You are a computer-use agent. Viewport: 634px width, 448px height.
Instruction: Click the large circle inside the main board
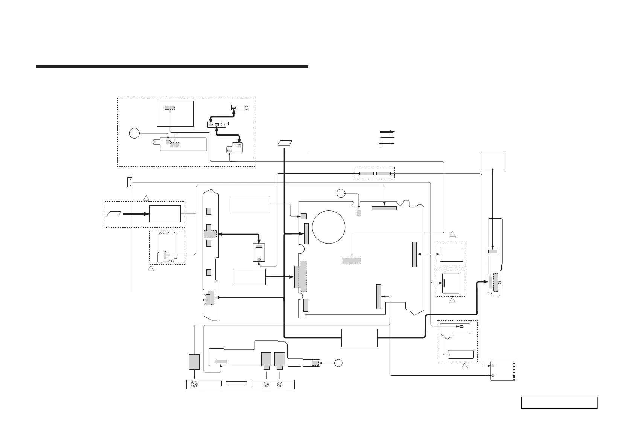pyautogui.click(x=329, y=227)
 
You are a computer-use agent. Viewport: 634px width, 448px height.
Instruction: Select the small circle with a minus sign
pyautogui.click(x=340, y=193)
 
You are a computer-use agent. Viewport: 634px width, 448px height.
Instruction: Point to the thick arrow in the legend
pyautogui.click(x=387, y=132)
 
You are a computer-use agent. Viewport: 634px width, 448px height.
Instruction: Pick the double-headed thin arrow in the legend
pyautogui.click(x=387, y=138)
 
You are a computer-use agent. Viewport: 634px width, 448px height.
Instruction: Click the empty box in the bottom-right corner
pyautogui.click(x=559, y=403)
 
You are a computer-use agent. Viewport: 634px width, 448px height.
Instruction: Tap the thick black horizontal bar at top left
pyautogui.click(x=172, y=67)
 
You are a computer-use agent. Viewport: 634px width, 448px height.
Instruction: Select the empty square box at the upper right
pyautogui.click(x=493, y=161)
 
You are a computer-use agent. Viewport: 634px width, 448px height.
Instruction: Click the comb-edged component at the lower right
pyautogui.click(x=503, y=372)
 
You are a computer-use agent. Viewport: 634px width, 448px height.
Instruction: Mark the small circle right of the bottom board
pyautogui.click(x=338, y=363)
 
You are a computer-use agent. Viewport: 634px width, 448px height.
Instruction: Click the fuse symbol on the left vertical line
pyautogui.click(x=130, y=183)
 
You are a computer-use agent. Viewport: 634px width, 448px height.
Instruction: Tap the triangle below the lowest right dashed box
pyautogui.click(x=465, y=366)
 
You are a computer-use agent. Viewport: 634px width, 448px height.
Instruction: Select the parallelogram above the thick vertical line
pyautogui.click(x=285, y=143)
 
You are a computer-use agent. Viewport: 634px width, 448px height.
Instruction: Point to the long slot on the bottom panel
pyautogui.click(x=236, y=384)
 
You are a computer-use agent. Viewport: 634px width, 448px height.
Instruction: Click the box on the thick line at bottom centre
pyautogui.click(x=359, y=338)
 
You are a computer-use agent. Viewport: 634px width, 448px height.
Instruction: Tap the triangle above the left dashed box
pyautogui.click(x=147, y=198)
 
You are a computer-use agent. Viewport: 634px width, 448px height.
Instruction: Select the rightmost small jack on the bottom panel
pyautogui.click(x=280, y=384)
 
